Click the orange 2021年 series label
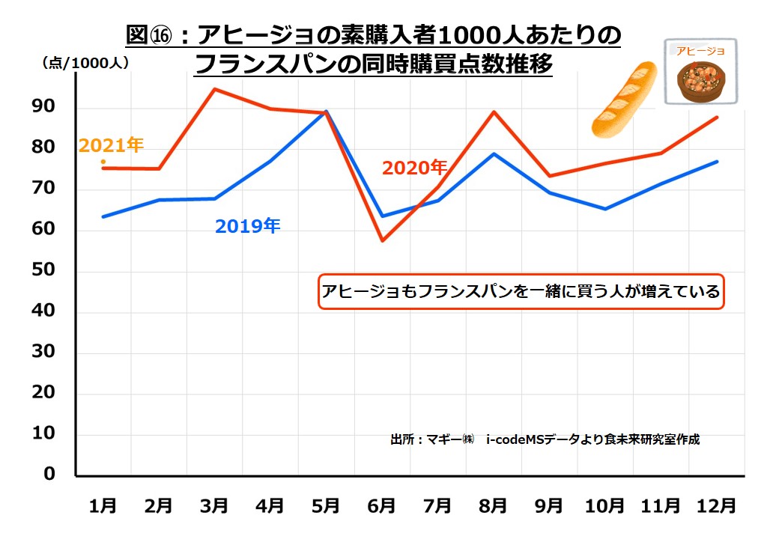pyautogui.click(x=111, y=145)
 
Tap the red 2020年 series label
pyautogui.click(x=414, y=168)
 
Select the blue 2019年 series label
pyautogui.click(x=247, y=226)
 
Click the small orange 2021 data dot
pyautogui.click(x=103, y=162)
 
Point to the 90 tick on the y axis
pyautogui.click(x=44, y=107)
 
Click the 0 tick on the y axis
pyautogui.click(x=49, y=474)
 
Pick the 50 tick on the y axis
pyautogui.click(x=44, y=270)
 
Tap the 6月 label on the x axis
pyautogui.click(x=381, y=505)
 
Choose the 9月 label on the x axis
pyautogui.click(x=548, y=505)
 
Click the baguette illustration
pyautogui.click(x=623, y=100)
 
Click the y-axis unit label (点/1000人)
pyautogui.click(x=85, y=63)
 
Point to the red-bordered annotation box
pyautogui.click(x=521, y=292)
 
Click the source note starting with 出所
pyautogui.click(x=545, y=439)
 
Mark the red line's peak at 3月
pyautogui.click(x=214, y=89)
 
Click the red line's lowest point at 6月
pyautogui.click(x=382, y=240)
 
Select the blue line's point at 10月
pyautogui.click(x=604, y=209)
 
